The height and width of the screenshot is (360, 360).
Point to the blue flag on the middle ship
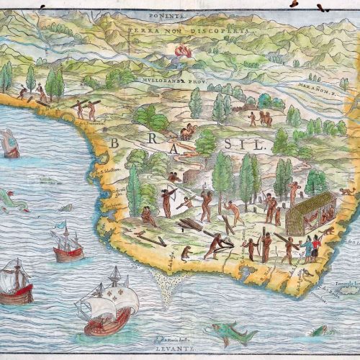coord(67,224)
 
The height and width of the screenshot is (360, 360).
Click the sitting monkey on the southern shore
coord(186,253)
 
